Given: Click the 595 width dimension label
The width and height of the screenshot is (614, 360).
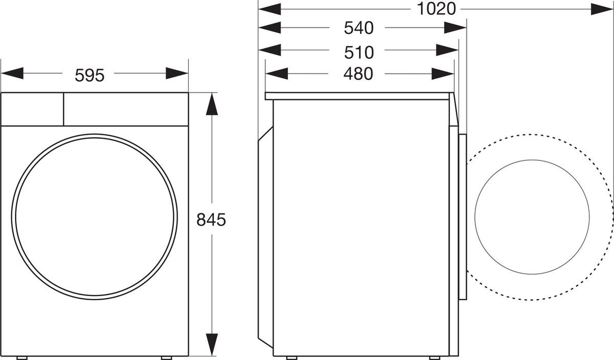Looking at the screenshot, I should [90, 75].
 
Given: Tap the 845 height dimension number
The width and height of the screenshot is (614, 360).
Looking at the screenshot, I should [211, 220].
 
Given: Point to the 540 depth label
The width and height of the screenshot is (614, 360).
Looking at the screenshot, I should [358, 28].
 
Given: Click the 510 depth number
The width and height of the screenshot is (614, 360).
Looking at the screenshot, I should [358, 52].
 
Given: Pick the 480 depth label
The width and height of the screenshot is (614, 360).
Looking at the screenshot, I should [358, 74].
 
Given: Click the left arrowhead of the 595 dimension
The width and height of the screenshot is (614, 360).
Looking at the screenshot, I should [12, 74].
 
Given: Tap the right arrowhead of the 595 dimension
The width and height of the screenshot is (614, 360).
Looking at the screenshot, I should [177, 74].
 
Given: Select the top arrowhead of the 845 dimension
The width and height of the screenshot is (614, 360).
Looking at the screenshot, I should [211, 104].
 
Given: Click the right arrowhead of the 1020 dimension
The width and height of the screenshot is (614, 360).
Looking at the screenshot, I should [602, 9].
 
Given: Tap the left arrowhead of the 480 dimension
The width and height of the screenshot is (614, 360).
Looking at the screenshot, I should [277, 74].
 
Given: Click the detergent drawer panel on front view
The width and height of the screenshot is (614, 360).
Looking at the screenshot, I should [32, 109].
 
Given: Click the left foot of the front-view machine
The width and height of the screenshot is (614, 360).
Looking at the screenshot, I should [21, 357].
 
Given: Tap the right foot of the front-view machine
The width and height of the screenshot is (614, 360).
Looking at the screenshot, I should [167, 357].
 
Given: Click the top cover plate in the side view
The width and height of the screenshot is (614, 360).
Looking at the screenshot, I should [358, 96].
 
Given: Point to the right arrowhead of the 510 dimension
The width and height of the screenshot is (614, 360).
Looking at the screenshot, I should [447, 51].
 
